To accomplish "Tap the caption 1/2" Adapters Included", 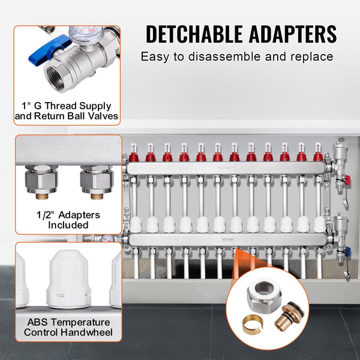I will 67,220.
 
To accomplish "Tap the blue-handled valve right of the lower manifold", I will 342,251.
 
